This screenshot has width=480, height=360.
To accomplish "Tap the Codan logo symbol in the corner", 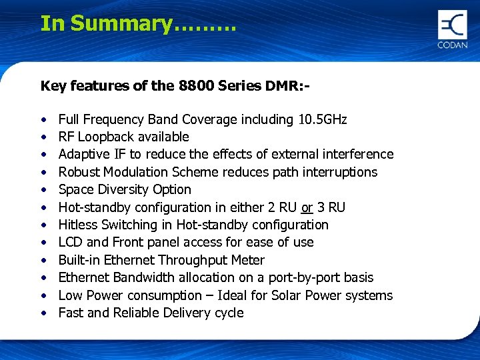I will (x=453, y=25).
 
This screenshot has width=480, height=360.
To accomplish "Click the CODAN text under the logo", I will (x=453, y=45).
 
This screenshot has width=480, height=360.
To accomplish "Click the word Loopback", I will (x=109, y=137).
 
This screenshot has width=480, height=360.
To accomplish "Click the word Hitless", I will (x=79, y=225).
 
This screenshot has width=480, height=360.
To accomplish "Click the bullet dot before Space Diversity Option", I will (x=43, y=190).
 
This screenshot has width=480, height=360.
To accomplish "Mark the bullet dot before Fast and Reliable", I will (x=43, y=313).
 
